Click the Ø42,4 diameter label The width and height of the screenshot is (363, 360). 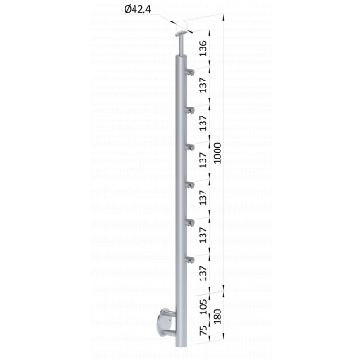click(x=138, y=10)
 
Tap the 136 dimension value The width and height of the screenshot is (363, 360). click(x=203, y=48)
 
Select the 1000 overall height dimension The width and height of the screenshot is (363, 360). click(x=218, y=153)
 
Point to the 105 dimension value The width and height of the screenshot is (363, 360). click(x=203, y=306)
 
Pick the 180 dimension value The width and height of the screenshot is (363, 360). click(x=218, y=317)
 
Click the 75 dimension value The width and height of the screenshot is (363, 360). click(x=203, y=331)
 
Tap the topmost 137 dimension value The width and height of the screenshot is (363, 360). click(x=203, y=85)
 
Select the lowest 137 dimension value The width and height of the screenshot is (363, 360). click(x=203, y=273)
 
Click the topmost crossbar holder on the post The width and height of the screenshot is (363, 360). click(x=190, y=73)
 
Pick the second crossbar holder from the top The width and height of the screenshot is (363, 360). click(x=190, y=110)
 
